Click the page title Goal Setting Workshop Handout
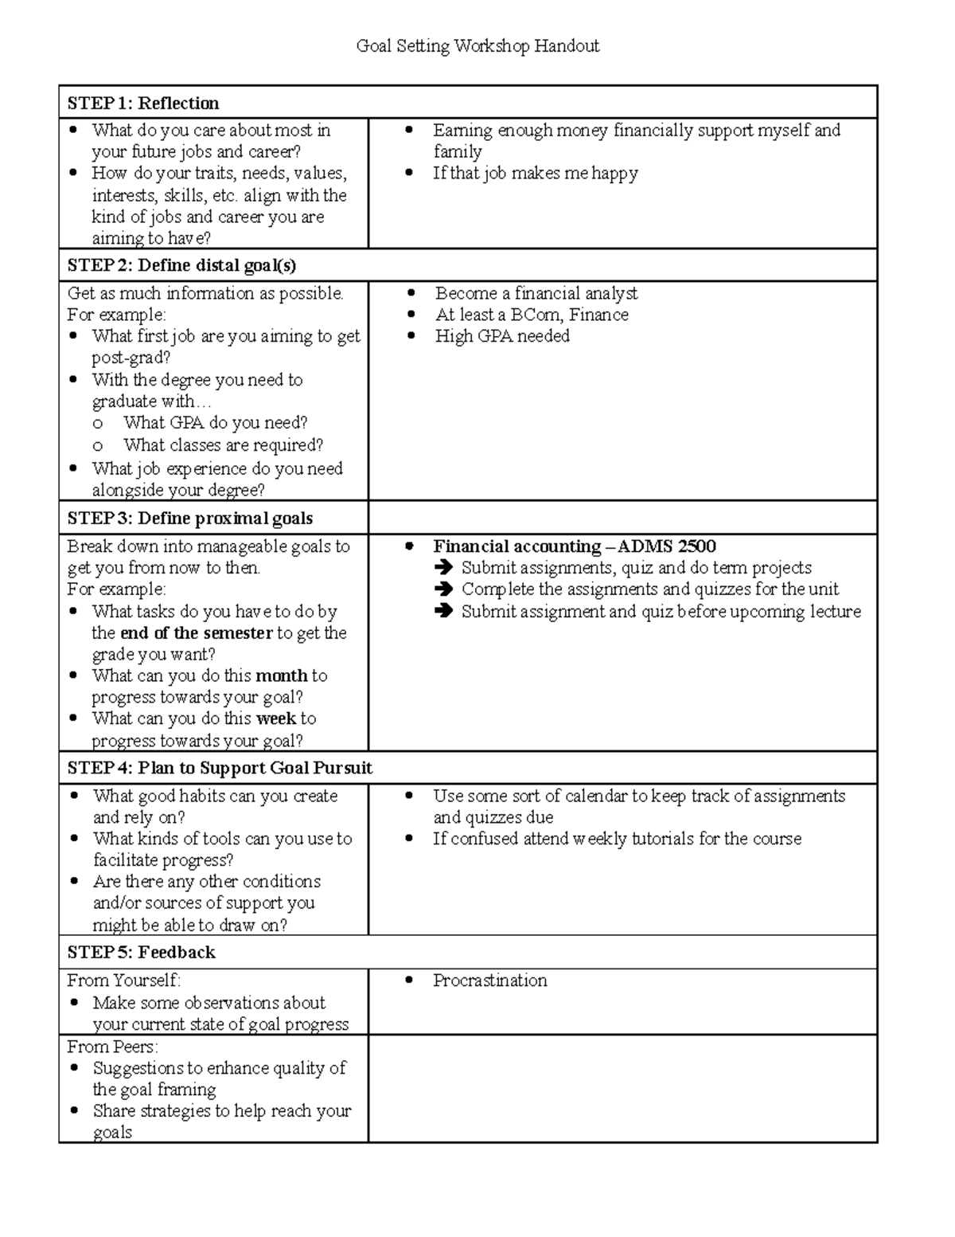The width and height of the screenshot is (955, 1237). (477, 46)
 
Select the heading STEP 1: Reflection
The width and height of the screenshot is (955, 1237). (143, 104)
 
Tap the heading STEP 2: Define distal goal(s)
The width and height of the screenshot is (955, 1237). (181, 265)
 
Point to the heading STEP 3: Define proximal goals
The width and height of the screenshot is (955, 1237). (190, 519)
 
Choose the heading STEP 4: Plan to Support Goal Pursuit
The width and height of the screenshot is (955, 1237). (220, 769)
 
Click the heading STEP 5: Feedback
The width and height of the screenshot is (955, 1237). (142, 953)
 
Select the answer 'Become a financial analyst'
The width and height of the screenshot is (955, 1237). (536, 293)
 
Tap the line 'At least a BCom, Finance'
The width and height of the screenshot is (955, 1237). (532, 315)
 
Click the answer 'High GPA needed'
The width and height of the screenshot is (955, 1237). (502, 336)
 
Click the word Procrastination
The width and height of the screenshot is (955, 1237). (489, 981)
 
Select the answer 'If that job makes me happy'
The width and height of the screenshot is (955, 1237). (535, 174)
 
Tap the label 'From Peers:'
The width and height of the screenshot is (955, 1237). (112, 1047)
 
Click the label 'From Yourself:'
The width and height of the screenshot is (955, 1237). (124, 981)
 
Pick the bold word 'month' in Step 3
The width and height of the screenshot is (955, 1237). (281, 675)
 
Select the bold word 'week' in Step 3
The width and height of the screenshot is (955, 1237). (275, 718)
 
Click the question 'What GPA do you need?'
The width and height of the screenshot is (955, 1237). (215, 423)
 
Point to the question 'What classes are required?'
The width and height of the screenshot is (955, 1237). (223, 445)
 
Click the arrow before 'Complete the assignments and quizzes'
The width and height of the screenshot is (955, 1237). (443, 590)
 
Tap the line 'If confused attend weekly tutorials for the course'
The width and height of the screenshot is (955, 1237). (617, 839)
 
